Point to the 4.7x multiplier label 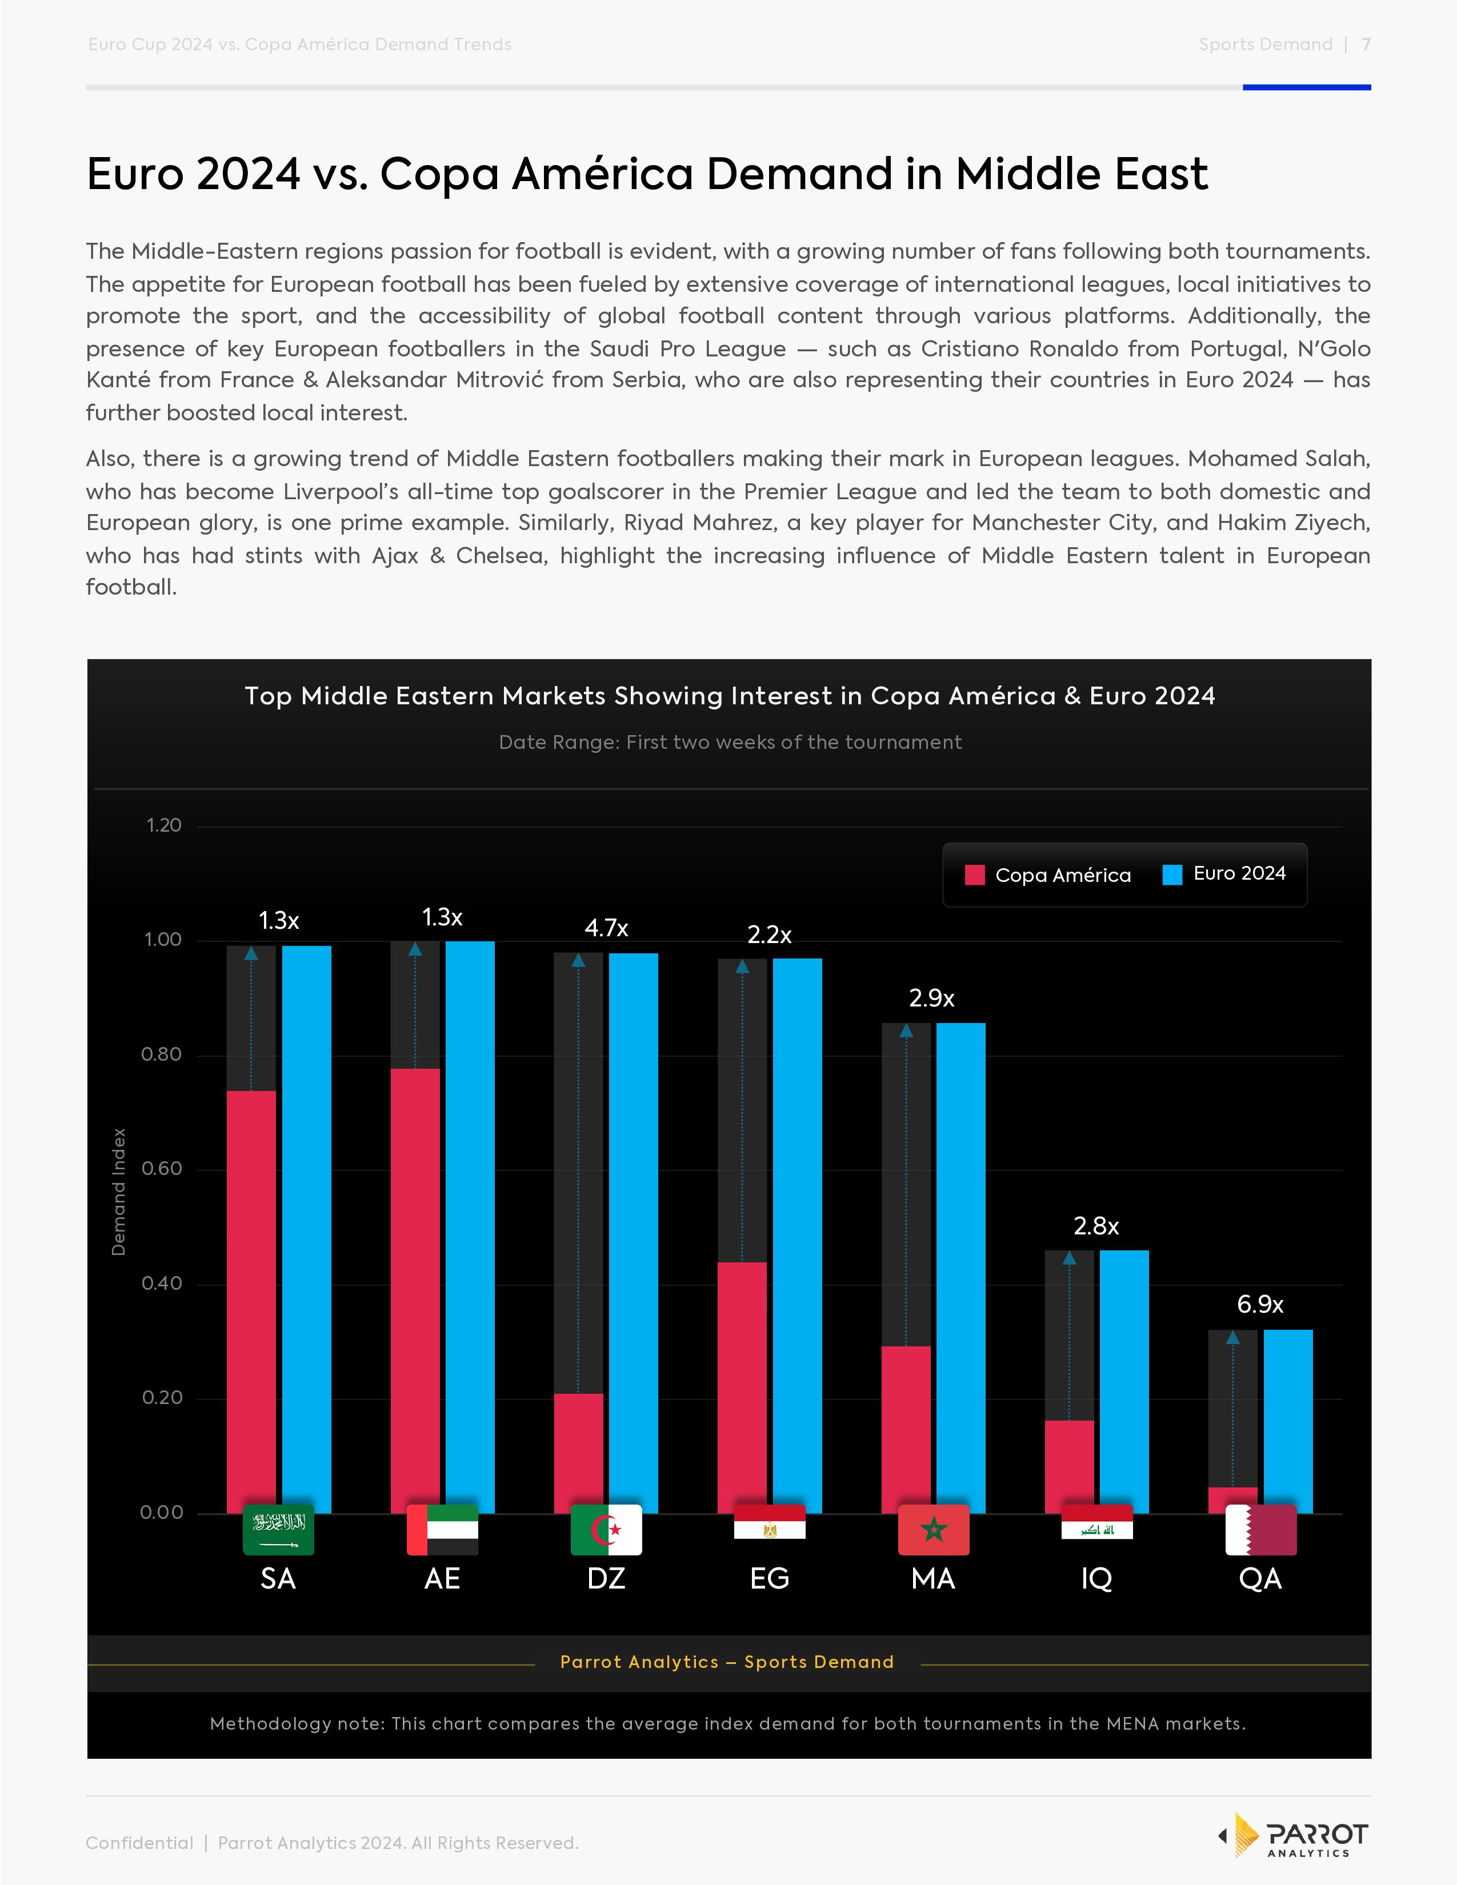[x=606, y=928]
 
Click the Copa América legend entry [x=1048, y=875]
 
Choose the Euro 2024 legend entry [x=1225, y=873]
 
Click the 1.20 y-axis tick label [x=164, y=825]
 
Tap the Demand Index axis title [x=119, y=1191]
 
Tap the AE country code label [x=442, y=1579]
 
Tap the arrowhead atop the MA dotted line [x=906, y=1030]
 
